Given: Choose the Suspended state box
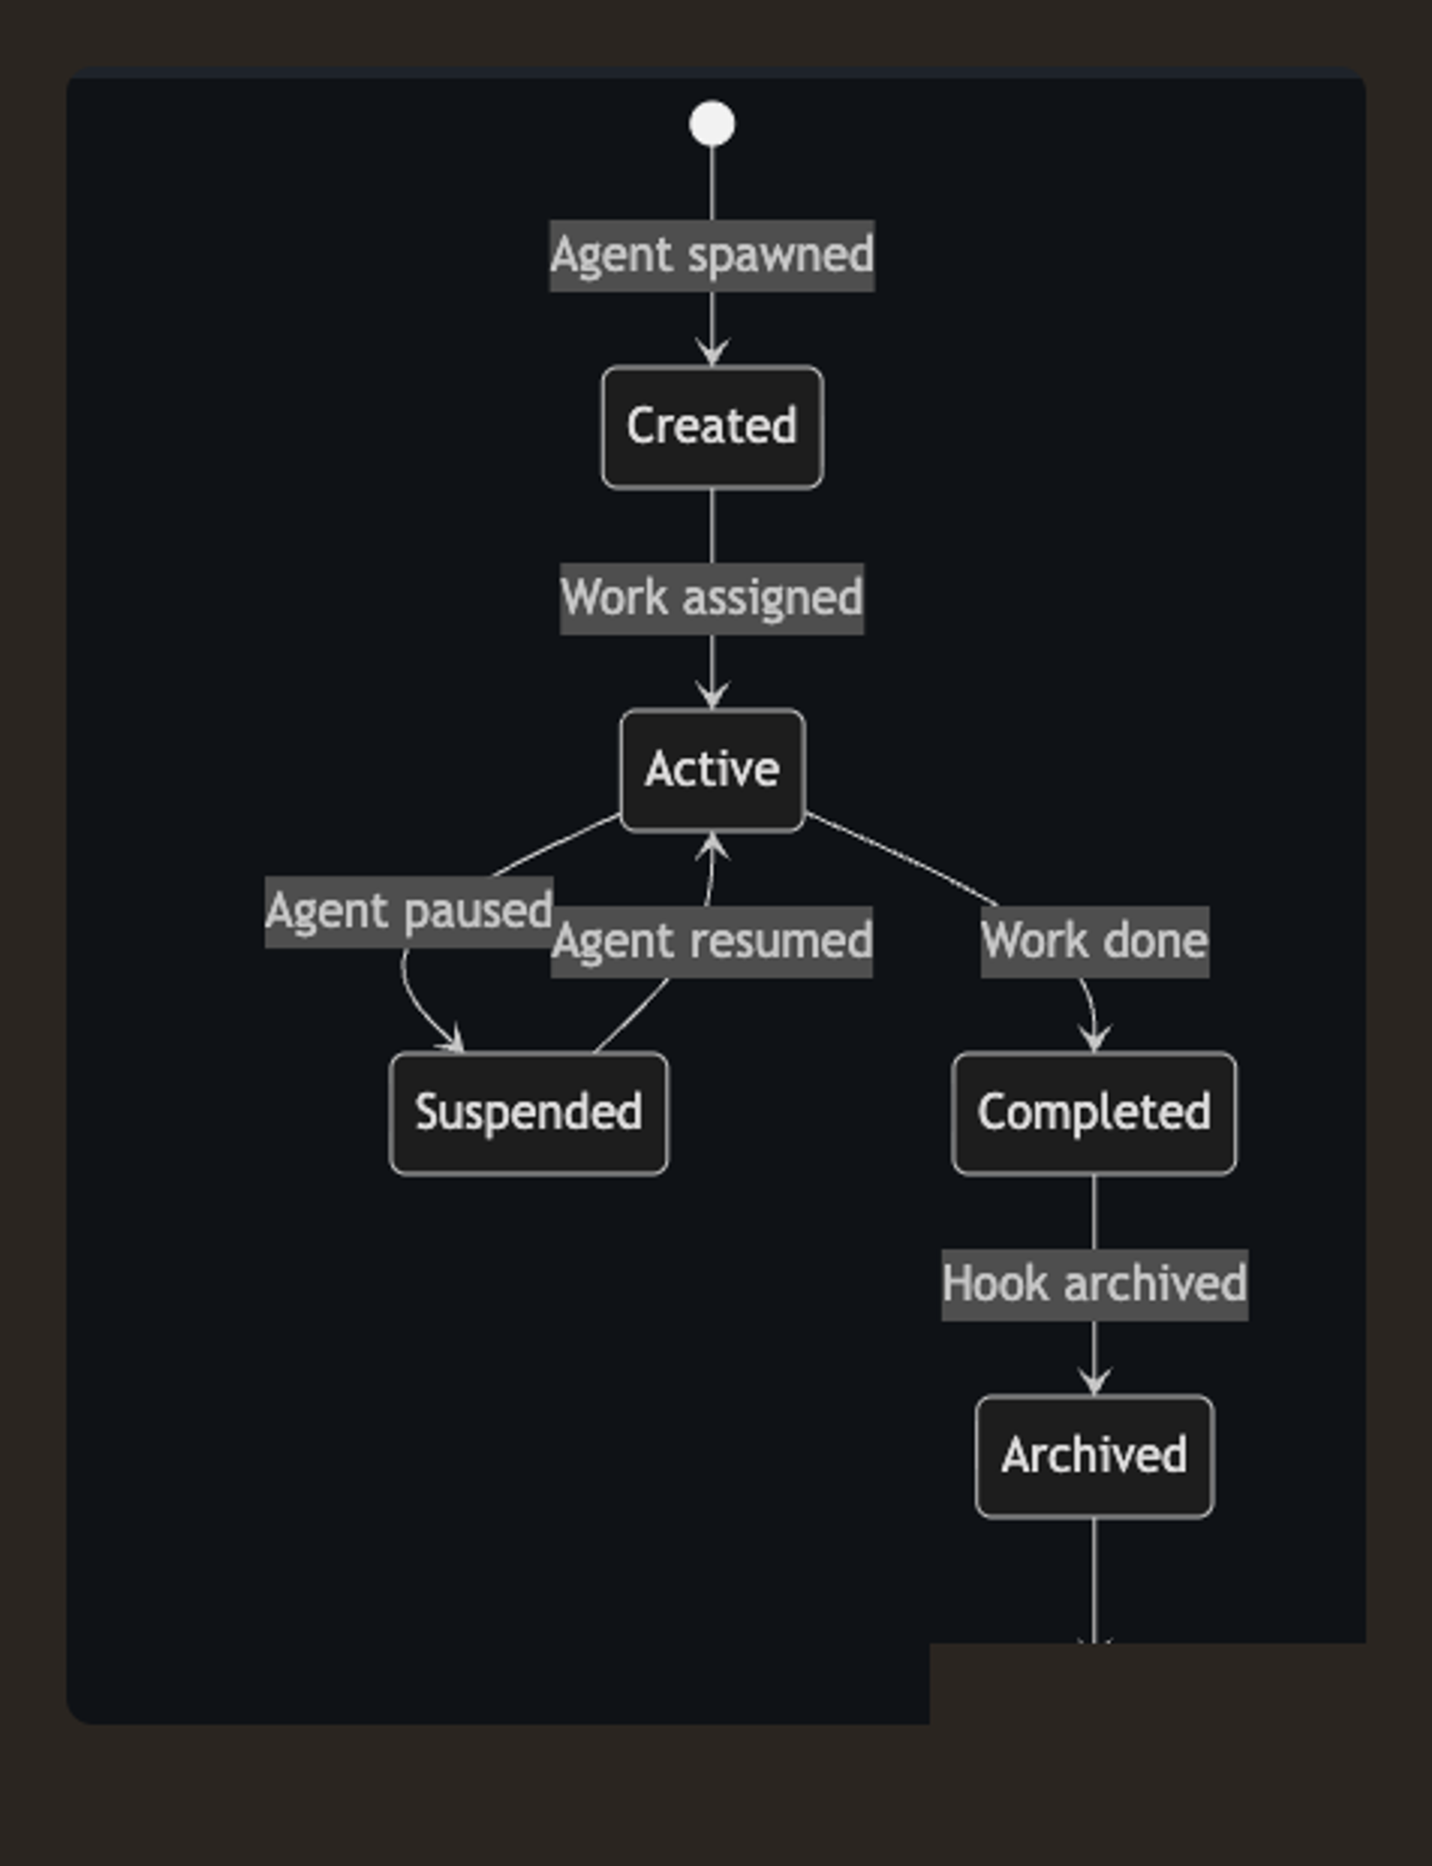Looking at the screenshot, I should tap(528, 1113).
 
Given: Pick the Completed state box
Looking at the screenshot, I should tap(1094, 1113).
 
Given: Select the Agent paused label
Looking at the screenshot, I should tap(409, 911).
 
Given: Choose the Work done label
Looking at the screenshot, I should tap(1095, 941).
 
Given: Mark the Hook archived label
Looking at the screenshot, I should tap(1095, 1284).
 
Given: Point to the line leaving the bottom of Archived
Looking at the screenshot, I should tap(1095, 1577).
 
